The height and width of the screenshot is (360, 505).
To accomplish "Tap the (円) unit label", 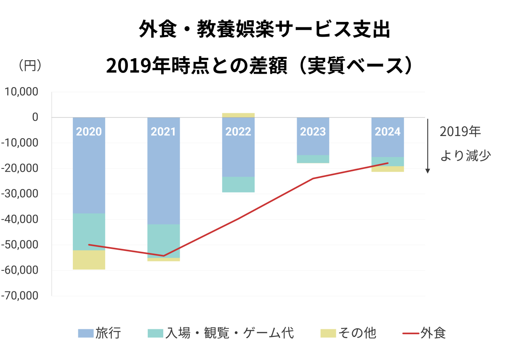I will [29, 66].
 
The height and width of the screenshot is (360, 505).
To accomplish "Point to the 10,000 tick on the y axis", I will [21, 92].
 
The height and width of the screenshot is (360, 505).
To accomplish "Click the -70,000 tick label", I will [19, 296].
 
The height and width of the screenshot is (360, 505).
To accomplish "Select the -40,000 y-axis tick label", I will [19, 219].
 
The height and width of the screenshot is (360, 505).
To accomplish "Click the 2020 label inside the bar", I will [89, 132].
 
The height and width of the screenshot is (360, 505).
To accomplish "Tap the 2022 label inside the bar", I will [238, 132].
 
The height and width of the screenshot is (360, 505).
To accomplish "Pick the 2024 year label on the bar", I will [388, 132].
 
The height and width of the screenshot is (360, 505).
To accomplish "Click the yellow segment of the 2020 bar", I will [89, 260].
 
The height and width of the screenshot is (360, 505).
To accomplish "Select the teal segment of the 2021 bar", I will [163, 241].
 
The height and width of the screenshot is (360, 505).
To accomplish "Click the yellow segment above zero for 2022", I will [238, 115].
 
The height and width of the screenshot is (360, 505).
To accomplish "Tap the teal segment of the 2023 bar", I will [313, 159].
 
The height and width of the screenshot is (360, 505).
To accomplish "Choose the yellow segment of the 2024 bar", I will [388, 169].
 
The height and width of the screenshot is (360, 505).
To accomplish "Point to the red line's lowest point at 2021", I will [163, 256].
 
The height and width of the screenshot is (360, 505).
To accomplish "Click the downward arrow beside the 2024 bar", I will [428, 145].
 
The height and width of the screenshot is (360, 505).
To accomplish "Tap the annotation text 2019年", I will [460, 132].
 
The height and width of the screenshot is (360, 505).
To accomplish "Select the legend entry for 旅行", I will [100, 333].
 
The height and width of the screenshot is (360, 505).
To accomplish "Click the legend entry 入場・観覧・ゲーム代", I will [221, 333].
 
